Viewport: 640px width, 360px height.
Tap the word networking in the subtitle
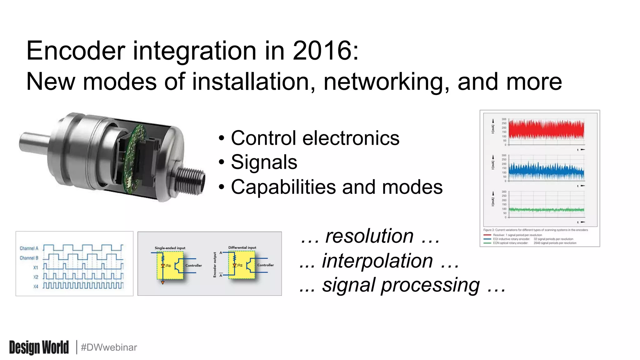386,82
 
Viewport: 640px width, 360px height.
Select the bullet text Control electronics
315,138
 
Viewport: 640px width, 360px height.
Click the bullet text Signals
264,162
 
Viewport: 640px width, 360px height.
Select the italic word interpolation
377,261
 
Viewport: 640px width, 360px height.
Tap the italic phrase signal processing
401,285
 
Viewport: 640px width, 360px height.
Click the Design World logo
39,347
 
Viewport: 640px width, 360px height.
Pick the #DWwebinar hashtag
109,347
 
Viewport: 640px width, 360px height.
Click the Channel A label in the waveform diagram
29,248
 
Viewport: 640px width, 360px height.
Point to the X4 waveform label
36,287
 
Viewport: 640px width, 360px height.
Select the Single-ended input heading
170,248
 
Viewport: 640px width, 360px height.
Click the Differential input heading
242,247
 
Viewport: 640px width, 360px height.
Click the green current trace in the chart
546,210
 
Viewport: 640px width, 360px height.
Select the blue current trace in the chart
546,172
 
